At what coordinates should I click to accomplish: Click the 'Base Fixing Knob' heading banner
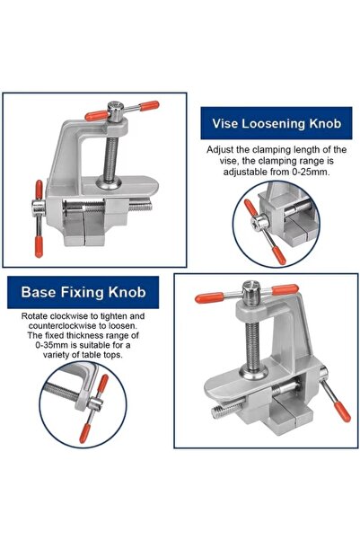pos(83,292)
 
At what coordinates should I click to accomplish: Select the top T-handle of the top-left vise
pos(118,111)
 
